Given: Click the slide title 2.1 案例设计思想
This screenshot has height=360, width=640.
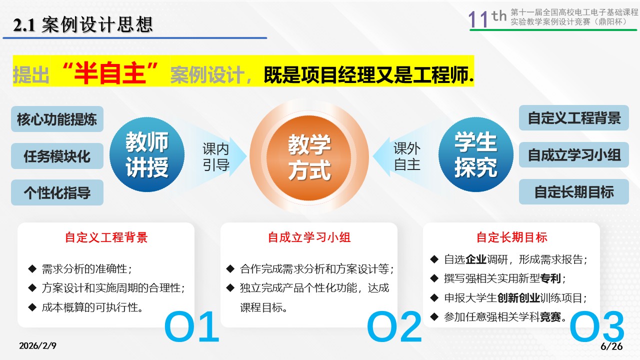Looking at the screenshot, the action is pos(83,24).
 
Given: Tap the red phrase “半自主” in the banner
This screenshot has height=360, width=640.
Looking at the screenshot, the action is pos(110,73).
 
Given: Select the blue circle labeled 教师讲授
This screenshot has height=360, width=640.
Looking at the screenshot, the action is pos(147,154).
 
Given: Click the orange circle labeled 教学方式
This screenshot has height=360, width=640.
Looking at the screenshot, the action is pos(309,157).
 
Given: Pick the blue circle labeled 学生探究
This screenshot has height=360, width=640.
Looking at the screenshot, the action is pos(475,154).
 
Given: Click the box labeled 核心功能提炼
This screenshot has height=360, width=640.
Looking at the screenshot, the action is pos(57,119).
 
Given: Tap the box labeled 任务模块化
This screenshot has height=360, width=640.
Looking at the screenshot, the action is pos(57,156).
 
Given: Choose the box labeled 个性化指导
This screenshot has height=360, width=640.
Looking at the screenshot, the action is pos(57,192).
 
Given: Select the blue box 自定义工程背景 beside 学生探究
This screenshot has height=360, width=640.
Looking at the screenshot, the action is pos(574,117).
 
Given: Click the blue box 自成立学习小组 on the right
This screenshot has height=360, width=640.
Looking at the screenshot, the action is pos(574,154).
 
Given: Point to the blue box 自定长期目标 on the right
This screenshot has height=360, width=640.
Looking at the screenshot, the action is pos(574,191).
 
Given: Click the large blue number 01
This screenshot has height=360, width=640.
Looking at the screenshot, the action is pos(191,326).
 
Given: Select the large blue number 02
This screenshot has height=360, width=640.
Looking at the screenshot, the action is pos(394,326).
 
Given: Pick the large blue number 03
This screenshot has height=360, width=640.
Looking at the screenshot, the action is pos(597,326).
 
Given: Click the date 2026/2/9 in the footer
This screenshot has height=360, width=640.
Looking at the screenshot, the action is pos(37,345).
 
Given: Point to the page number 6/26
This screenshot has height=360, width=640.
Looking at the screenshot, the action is pos(611,346).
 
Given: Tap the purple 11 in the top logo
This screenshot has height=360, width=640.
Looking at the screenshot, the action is pos(478,19).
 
